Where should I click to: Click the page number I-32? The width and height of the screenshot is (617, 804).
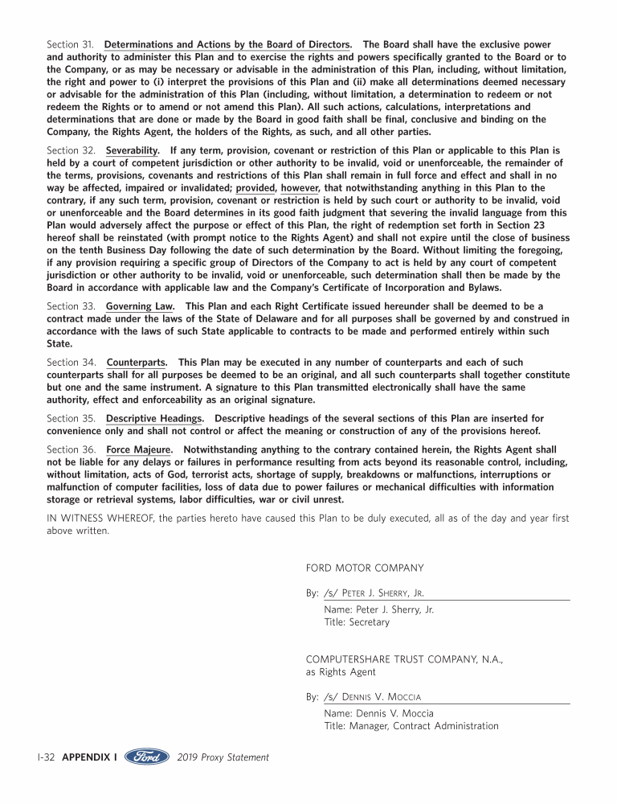pos(45,757)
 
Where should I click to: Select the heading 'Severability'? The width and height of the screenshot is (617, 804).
pos(132,150)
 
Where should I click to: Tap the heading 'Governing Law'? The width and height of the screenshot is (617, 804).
pos(140,306)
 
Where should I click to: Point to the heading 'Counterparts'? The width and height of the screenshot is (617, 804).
pos(136,363)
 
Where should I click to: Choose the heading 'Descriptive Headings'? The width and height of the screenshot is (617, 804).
pos(154,419)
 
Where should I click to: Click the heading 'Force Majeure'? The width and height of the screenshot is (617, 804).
pos(139,449)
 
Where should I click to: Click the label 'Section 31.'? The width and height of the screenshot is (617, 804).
pos(72,44)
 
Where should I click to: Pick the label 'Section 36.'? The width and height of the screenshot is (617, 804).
pos(72,449)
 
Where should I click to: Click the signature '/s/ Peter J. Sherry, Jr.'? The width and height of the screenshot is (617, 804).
pos(374,593)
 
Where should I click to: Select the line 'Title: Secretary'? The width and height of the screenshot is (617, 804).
pos(357,622)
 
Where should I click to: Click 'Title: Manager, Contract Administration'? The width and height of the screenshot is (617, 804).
pos(411,726)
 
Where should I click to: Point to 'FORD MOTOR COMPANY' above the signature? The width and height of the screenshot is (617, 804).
pos(365,568)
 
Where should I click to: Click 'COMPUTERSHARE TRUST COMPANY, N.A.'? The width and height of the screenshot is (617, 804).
pos(405,659)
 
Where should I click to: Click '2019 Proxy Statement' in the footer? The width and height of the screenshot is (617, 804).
pos(223,757)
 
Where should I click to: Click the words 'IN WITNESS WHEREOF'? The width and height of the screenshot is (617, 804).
pos(100,519)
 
